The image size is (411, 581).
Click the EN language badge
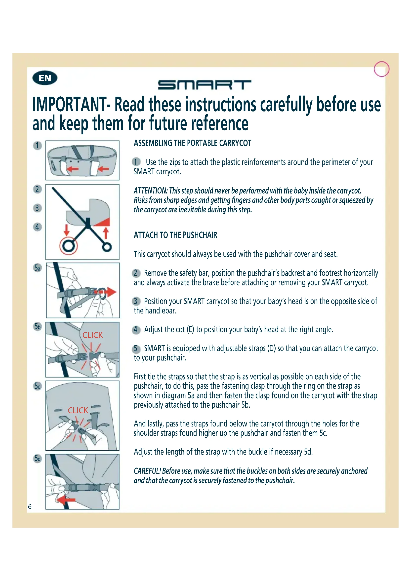point(45,78)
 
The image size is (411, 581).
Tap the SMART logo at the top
point(205,85)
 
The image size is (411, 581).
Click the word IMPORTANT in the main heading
point(70,105)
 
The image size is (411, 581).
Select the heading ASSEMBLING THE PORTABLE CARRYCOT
point(192,143)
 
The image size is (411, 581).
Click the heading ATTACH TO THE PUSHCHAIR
point(175,235)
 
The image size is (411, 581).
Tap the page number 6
point(30,506)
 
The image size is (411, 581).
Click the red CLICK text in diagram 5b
point(93,335)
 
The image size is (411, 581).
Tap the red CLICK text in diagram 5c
point(78,410)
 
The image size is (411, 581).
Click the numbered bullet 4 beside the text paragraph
point(136,330)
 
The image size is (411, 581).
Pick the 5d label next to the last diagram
point(38,459)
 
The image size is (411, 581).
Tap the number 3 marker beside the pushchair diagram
point(38,208)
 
